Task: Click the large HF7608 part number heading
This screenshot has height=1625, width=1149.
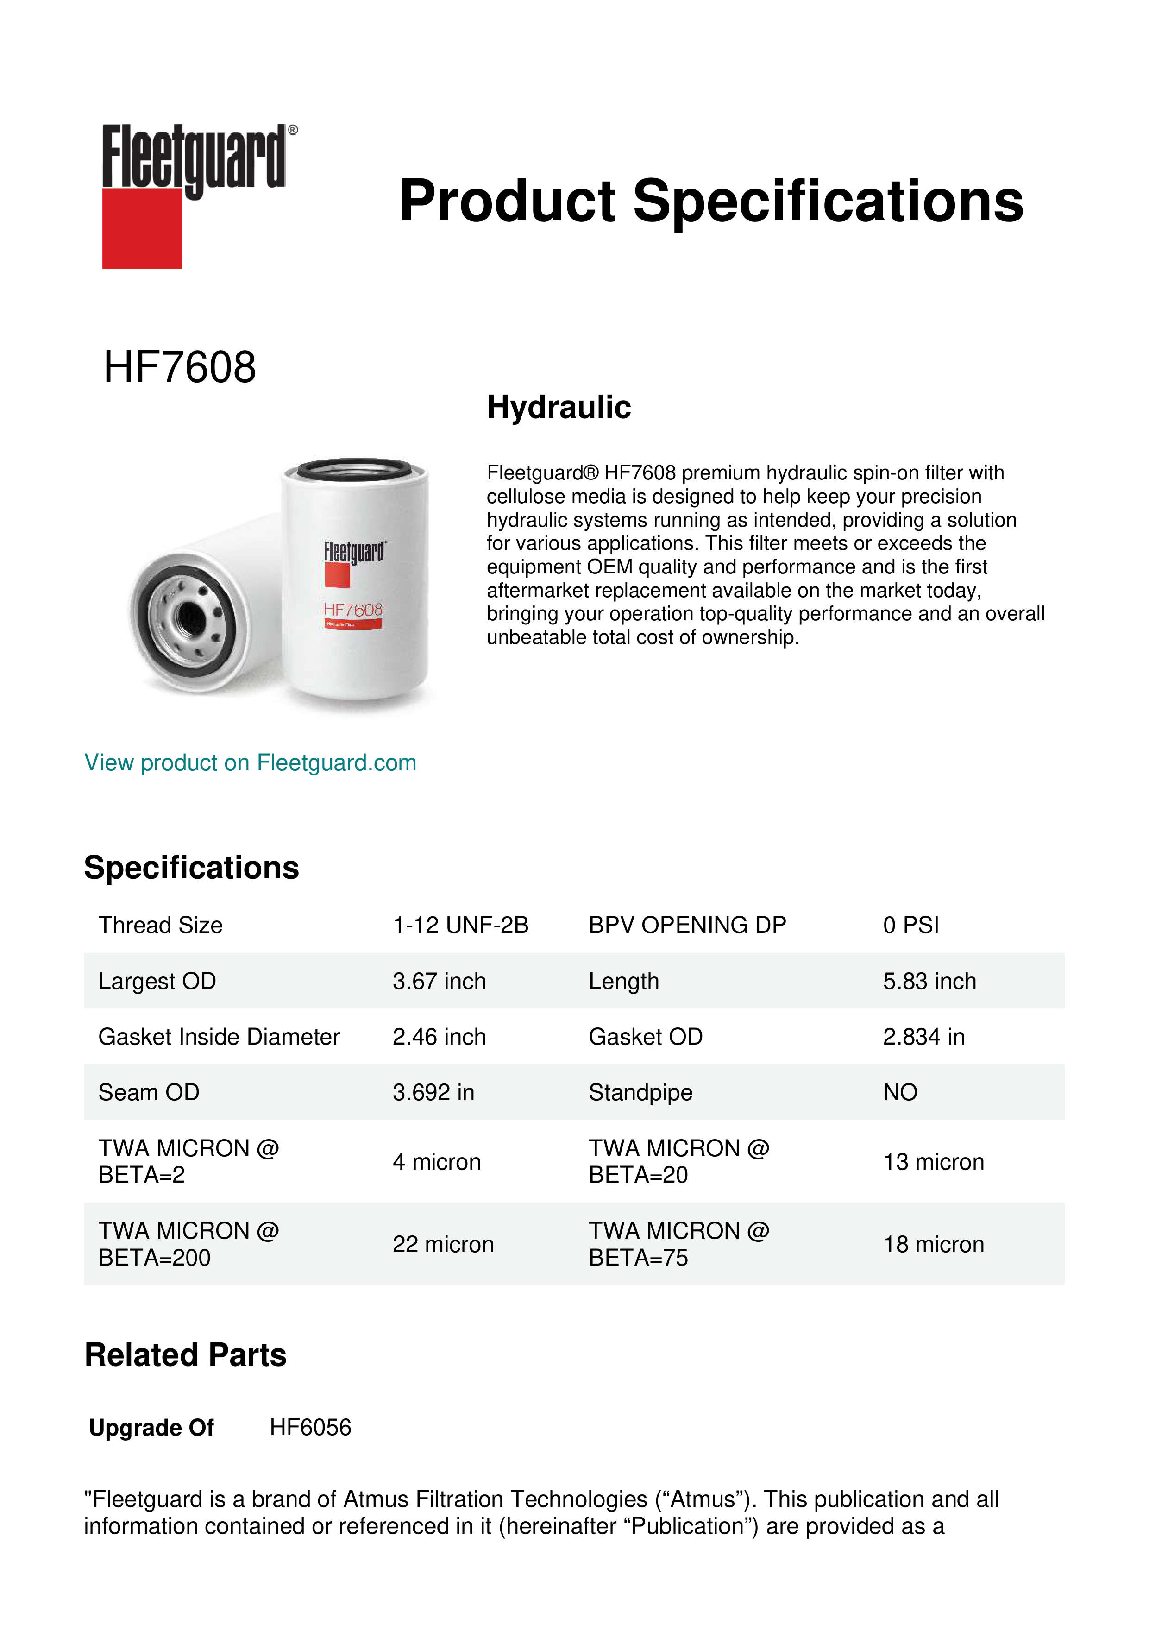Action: [x=180, y=367]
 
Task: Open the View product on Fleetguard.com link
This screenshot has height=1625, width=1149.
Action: [x=251, y=763]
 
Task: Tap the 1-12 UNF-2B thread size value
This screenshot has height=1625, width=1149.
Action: [x=461, y=925]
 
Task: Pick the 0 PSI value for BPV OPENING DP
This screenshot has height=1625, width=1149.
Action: [x=910, y=925]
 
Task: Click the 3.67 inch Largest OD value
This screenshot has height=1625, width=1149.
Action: [x=440, y=981]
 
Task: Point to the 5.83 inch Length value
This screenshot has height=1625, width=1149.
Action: [x=929, y=981]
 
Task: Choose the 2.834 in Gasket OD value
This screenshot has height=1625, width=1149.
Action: [x=923, y=1037]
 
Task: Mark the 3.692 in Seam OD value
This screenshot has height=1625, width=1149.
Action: [x=433, y=1093]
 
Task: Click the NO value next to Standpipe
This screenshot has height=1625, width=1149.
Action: [x=900, y=1093]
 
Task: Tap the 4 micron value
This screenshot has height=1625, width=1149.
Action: [x=437, y=1162]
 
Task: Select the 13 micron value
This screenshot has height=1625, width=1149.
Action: [x=933, y=1162]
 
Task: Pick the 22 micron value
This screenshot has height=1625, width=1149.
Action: [x=443, y=1244]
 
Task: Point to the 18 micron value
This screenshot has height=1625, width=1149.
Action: [x=933, y=1244]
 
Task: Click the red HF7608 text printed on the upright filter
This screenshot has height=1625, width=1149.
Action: [x=352, y=610]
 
